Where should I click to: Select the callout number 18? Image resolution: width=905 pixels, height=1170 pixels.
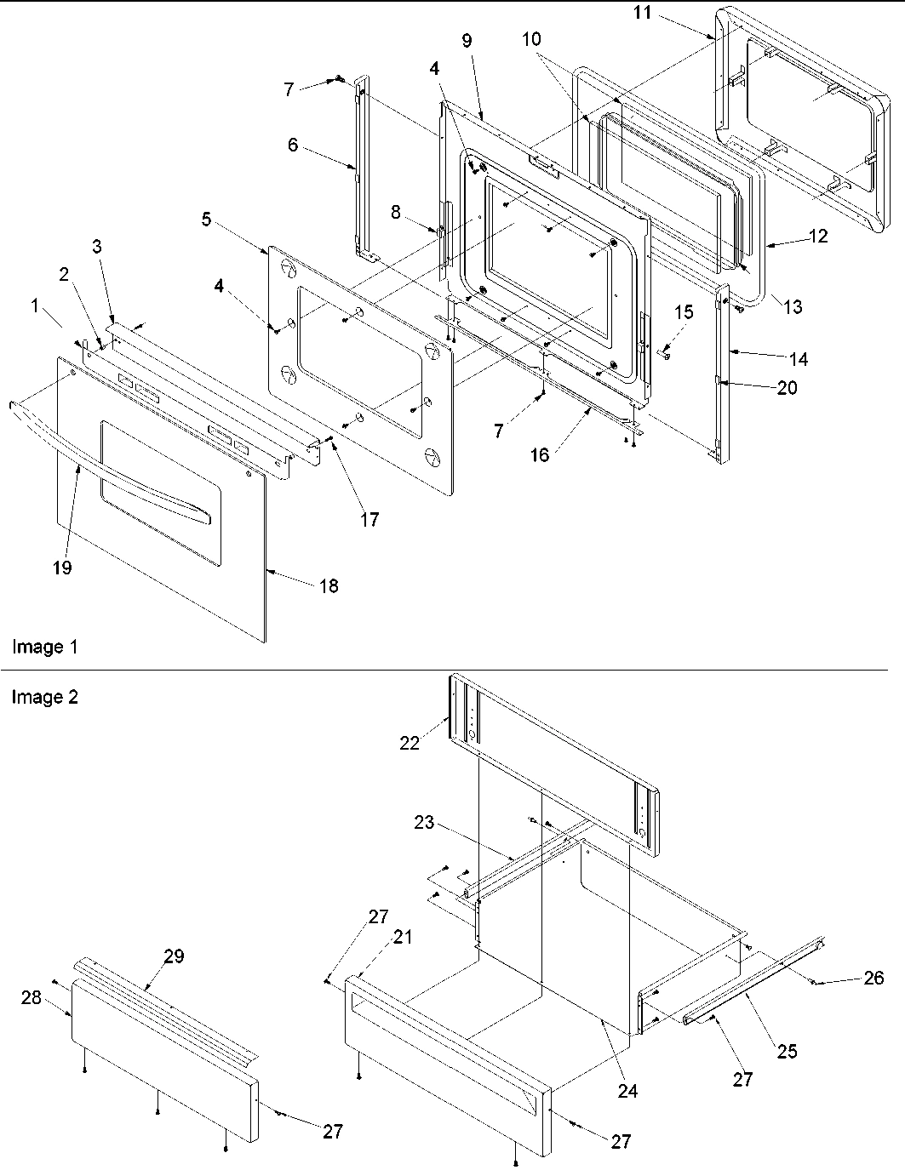point(328,585)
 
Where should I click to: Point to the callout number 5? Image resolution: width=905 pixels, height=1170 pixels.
point(206,219)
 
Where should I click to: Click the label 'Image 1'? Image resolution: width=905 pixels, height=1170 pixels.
point(44,648)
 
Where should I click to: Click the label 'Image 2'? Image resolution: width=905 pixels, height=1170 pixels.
point(44,698)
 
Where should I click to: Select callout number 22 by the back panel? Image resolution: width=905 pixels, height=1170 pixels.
point(410,743)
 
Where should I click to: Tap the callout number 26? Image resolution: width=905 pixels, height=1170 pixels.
point(874,978)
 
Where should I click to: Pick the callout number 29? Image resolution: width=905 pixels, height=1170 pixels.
point(174,956)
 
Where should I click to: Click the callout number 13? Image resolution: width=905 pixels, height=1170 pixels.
point(793,307)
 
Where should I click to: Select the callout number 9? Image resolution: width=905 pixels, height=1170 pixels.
point(467,41)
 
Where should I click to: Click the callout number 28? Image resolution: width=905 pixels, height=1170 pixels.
point(32,997)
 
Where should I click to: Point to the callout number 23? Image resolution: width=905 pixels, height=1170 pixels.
point(424,823)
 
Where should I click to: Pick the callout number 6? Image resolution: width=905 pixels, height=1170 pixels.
point(293,145)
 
